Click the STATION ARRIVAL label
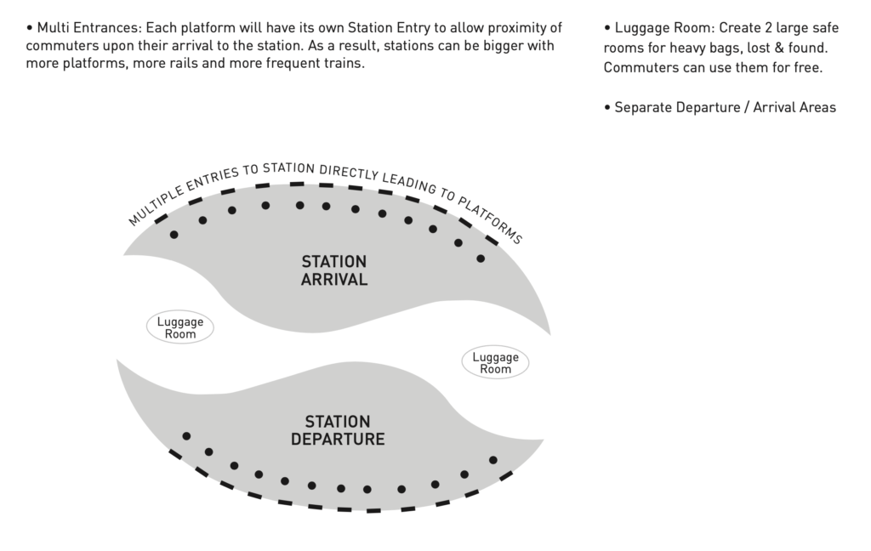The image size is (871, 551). tap(333, 270)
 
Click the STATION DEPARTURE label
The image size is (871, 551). tap(338, 430)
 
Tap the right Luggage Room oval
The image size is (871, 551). tap(495, 363)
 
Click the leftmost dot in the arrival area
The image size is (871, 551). tap(174, 235)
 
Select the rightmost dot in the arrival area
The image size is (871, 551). tap(481, 258)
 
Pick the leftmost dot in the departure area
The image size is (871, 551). tap(186, 436)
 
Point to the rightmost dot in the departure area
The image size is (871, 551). tap(493, 460)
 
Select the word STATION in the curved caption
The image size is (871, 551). tap(288, 167)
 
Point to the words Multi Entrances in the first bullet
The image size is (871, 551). tap(89, 27)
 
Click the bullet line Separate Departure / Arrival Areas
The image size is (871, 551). tap(725, 107)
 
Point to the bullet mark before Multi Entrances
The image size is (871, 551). tap(30, 27)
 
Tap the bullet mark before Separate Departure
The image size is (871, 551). tap(607, 107)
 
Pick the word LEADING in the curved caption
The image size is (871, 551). tap(407, 183)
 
